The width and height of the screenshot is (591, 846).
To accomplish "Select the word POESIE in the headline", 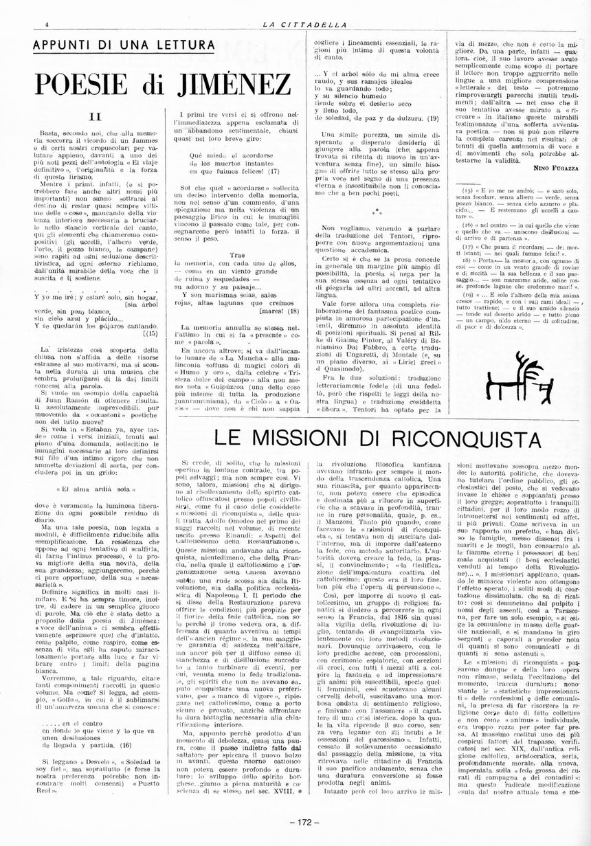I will [86, 85].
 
